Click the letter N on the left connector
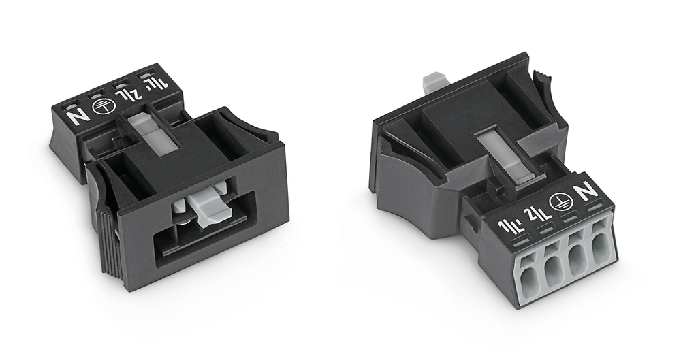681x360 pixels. (80, 116)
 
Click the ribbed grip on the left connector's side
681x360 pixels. (106, 240)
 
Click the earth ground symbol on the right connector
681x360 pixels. (559, 202)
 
